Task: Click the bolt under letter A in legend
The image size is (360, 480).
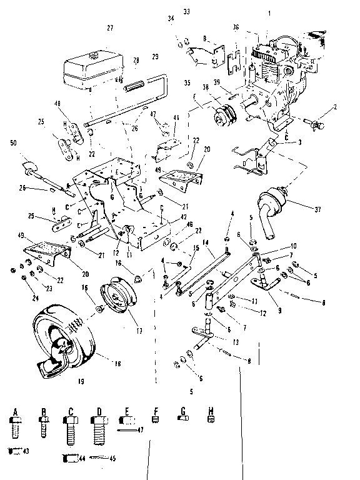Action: coord(16,432)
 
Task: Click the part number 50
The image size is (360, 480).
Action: coord(13,143)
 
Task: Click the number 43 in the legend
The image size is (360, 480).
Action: coord(26,451)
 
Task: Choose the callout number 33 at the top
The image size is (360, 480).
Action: coord(186,12)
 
